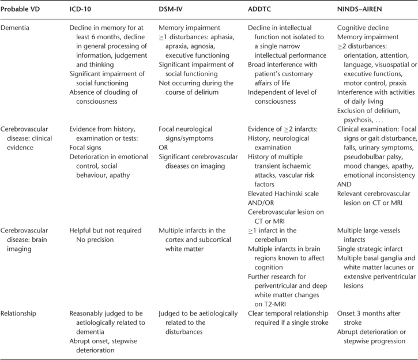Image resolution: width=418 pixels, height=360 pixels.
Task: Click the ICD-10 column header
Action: point(82,10)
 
